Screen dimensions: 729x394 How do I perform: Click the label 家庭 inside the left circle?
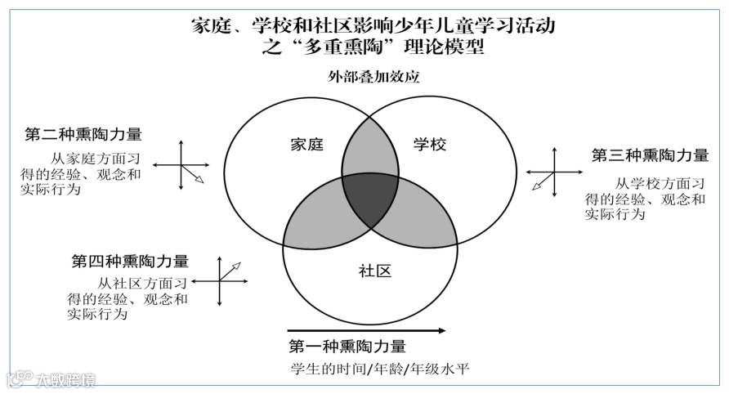pos(307,146)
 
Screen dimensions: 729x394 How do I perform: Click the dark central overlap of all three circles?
pos(369,199)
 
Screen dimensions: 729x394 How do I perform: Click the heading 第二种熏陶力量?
pos(83,133)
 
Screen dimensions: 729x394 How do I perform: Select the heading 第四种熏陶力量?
pos(130,262)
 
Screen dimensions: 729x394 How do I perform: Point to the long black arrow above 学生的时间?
pos(367,331)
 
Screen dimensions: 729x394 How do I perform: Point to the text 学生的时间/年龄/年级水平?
pos(380,369)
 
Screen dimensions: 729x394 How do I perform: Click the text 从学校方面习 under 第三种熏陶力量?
pos(660,184)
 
